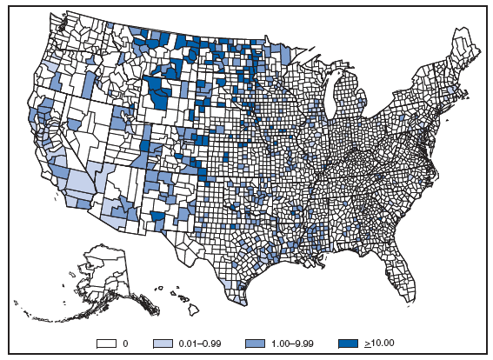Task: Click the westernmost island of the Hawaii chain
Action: tap(158, 288)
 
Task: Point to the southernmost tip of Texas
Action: tap(240, 301)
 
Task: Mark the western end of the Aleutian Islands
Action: tap(26, 314)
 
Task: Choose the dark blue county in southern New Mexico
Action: tap(157, 215)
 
